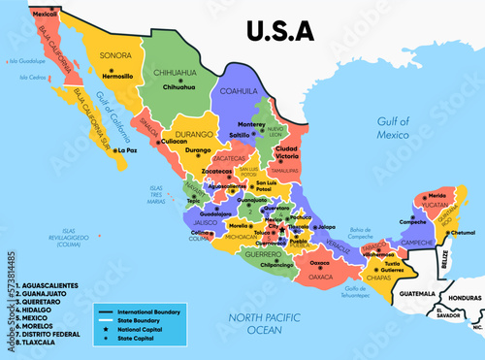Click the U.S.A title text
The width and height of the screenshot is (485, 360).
[x=280, y=30]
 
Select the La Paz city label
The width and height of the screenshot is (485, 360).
[x=125, y=150]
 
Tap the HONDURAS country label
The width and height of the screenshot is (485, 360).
[x=458, y=297]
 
